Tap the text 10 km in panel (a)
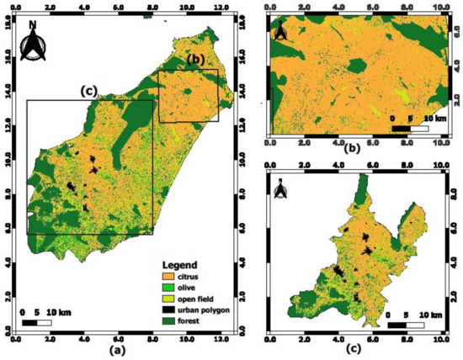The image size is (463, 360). click(x=59, y=312)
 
